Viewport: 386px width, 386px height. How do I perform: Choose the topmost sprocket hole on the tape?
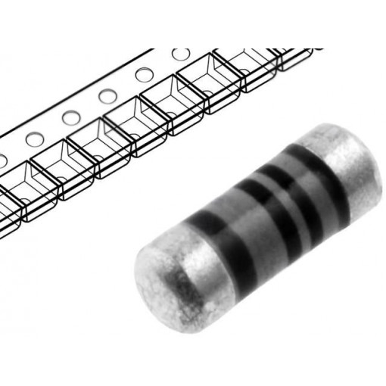180,54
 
